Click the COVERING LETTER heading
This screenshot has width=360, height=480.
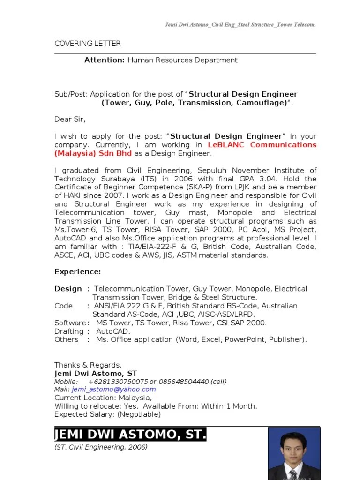[87, 44]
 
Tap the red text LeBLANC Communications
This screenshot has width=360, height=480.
[262, 145]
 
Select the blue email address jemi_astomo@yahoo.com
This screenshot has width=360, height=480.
[113, 390]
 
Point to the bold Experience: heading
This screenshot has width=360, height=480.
[77, 272]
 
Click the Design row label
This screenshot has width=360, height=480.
[68, 289]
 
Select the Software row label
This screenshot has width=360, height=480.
[70, 323]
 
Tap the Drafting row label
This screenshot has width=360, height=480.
[69, 331]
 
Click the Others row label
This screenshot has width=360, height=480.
[67, 340]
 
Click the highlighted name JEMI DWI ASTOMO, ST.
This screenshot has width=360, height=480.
[130, 435]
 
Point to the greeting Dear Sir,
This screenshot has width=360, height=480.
[70, 120]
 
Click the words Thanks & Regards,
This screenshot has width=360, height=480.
[88, 365]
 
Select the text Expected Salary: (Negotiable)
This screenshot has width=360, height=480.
[107, 414]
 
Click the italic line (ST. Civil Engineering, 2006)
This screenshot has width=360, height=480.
[101, 447]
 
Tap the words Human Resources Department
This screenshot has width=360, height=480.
[182, 60]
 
